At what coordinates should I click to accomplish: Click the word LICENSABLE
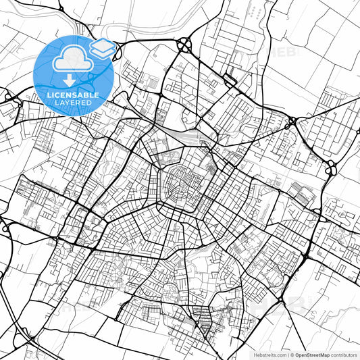coord(73,95)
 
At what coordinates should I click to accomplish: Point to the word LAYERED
coord(73,103)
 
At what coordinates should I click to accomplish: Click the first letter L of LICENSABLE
coord(49,95)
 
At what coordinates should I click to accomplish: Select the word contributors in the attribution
coord(344,355)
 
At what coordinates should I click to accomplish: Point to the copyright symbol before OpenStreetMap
coord(290,355)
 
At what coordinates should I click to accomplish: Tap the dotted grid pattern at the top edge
coord(255,11)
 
